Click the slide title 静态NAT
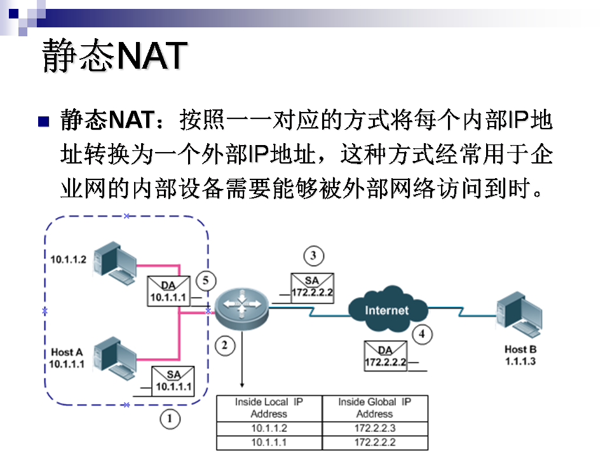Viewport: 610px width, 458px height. click(x=114, y=56)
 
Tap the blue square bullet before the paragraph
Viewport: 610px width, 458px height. click(x=44, y=121)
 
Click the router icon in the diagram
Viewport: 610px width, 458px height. click(x=241, y=308)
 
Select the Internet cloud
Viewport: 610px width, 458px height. click(x=386, y=310)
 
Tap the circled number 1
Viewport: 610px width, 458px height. click(x=169, y=419)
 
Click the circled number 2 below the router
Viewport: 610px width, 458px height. click(x=224, y=345)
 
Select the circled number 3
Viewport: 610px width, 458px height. click(x=313, y=256)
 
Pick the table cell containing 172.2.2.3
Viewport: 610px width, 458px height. click(x=375, y=429)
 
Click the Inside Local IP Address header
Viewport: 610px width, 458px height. click(x=269, y=408)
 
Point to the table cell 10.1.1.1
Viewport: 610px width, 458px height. click(x=269, y=442)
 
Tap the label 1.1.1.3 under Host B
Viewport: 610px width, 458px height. click(x=520, y=361)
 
